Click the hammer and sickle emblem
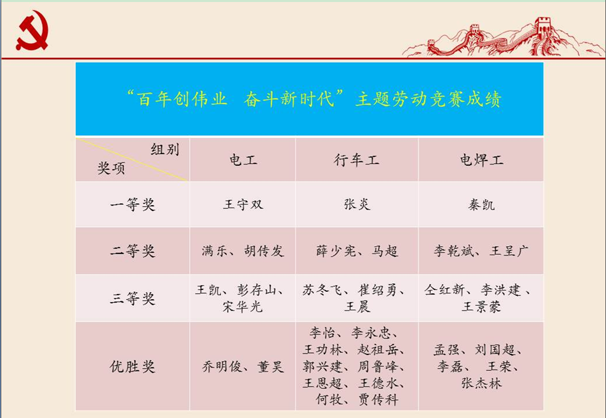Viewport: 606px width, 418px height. click(x=32, y=33)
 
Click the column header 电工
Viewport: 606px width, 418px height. click(x=242, y=161)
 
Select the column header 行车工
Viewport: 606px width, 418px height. click(x=356, y=161)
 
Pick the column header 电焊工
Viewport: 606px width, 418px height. click(x=481, y=161)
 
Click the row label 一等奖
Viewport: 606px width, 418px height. click(x=132, y=204)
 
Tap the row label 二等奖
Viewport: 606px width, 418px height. click(x=132, y=251)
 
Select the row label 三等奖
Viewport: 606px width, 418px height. click(x=132, y=299)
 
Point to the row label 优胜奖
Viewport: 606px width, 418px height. click(x=132, y=366)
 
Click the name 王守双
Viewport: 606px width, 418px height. click(x=242, y=204)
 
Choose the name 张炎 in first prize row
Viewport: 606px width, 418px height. click(x=356, y=204)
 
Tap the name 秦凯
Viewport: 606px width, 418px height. click(x=481, y=204)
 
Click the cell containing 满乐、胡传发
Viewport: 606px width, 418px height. click(x=242, y=251)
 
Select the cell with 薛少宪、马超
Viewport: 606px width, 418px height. click(x=356, y=251)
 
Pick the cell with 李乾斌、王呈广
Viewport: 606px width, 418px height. click(x=481, y=251)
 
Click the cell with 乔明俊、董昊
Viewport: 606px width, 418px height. click(x=242, y=366)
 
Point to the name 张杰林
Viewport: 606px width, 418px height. click(x=481, y=383)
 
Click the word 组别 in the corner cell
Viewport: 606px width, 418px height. click(x=165, y=149)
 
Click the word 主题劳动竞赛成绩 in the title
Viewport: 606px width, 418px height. click(x=428, y=100)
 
